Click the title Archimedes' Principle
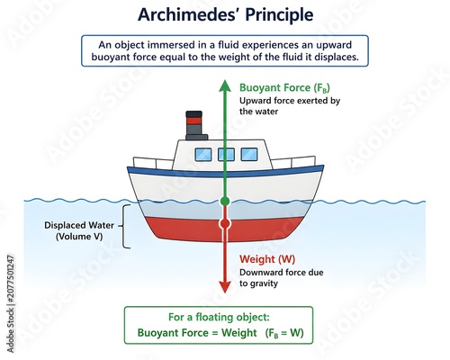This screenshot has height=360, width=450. tap(225, 14)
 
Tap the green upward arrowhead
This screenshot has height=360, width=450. tap(225, 85)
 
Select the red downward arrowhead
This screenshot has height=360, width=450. tap(225, 287)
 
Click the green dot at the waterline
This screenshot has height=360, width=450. tap(225, 202)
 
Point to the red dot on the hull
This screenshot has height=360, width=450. tap(225, 223)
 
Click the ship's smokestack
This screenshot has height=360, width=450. tap(196, 125)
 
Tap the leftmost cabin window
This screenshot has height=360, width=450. tap(203, 155)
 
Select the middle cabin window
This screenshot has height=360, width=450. tap(226, 155)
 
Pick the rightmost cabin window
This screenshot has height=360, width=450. tap(249, 155)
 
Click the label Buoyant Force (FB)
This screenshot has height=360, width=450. tap(284, 88)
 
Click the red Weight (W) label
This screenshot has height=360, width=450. tap(267, 259)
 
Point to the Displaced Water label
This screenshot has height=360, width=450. tap(79, 230)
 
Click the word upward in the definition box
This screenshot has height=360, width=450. tap(335, 45)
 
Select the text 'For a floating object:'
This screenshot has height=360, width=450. tap(219, 317)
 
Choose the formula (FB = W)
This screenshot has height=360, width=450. tap(284, 333)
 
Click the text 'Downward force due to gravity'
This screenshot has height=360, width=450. tap(282, 278)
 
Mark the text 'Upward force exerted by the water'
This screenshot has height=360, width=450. tap(290, 106)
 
